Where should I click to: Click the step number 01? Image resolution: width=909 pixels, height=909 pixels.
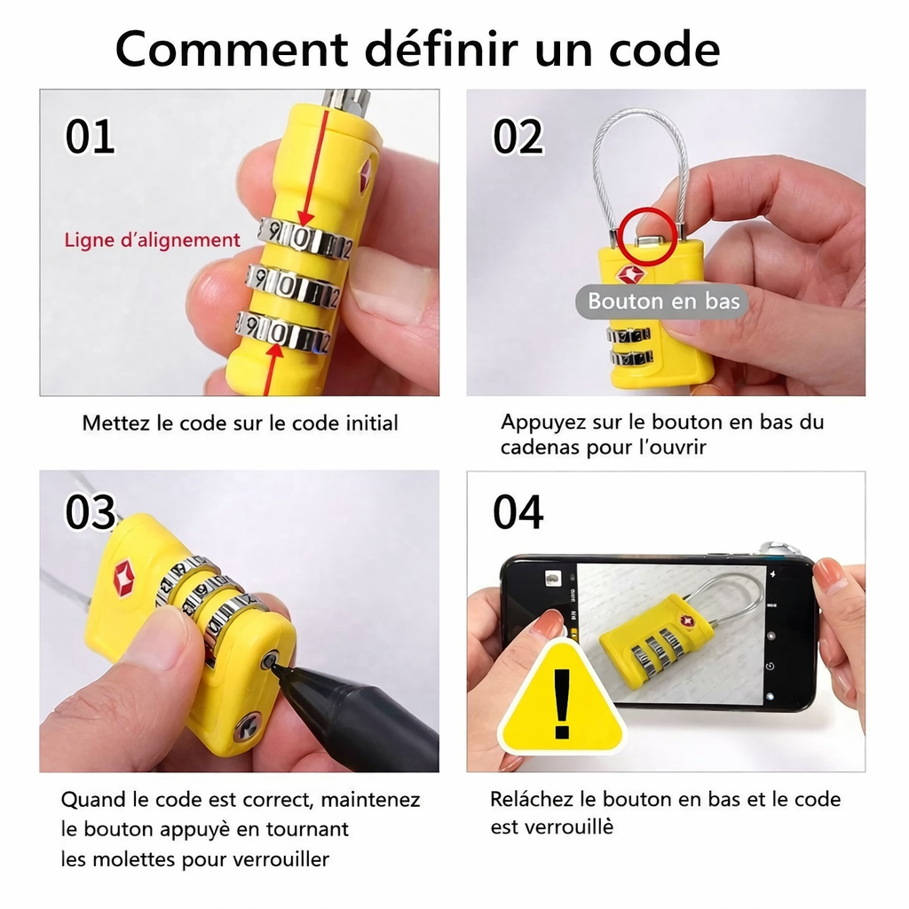(x=90, y=138)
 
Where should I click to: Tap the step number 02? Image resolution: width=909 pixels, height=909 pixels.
(x=518, y=138)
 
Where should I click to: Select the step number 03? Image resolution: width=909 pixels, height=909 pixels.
(x=91, y=513)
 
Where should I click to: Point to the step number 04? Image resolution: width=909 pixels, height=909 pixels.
(x=518, y=513)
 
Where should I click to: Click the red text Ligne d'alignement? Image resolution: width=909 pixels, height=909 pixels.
(x=152, y=240)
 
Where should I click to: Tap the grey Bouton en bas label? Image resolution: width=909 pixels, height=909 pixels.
(x=664, y=301)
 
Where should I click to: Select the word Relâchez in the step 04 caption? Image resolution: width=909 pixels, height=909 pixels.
(x=531, y=799)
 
